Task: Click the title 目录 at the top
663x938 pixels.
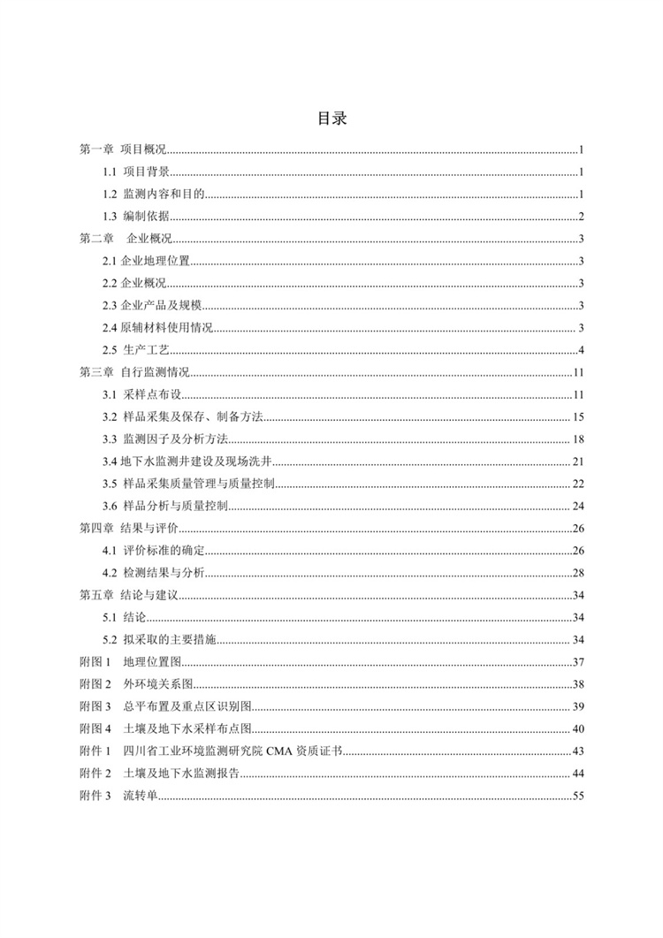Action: [331, 120]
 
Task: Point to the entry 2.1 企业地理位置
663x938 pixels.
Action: [147, 261]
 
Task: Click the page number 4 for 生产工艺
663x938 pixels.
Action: [581, 350]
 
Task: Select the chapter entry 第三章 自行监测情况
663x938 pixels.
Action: [134, 372]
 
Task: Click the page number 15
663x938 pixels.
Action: [578, 417]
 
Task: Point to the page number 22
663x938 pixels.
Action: [578, 484]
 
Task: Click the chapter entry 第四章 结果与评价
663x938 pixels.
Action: [128, 529]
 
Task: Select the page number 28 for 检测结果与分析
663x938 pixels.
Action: [578, 573]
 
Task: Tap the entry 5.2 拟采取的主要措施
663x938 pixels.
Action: [159, 639]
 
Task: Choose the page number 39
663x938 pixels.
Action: [578, 706]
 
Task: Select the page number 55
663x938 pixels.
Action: [578, 796]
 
